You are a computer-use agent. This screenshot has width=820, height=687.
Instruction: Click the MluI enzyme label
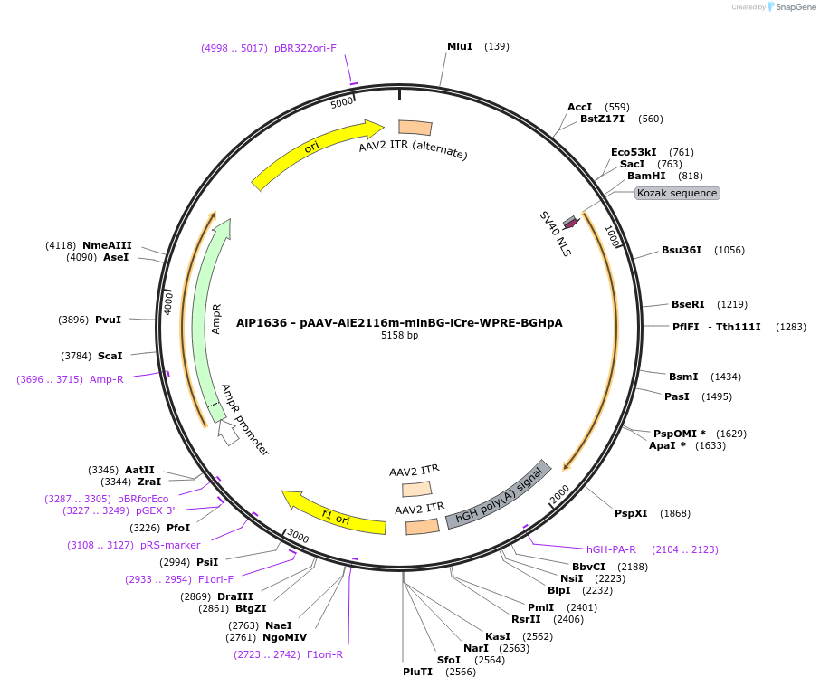460,46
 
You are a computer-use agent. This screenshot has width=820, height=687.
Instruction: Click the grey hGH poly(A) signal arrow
499,495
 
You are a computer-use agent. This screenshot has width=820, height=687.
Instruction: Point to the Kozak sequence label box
677,193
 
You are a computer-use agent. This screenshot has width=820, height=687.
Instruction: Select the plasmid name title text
399,322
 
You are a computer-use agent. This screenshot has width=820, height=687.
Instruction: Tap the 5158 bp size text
399,336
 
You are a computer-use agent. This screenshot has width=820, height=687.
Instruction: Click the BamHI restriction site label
646,176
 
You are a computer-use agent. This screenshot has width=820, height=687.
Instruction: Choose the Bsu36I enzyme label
682,250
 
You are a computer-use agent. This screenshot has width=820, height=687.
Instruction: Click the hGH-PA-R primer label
611,549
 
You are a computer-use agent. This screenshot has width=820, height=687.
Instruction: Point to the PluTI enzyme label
419,672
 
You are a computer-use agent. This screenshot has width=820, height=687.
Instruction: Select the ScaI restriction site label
110,356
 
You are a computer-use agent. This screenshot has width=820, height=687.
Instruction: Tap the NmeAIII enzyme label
107,245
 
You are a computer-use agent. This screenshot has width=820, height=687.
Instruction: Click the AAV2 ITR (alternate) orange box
415,128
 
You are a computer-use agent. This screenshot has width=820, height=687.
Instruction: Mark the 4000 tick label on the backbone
168,303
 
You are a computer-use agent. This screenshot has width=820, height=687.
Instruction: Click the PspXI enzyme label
631,513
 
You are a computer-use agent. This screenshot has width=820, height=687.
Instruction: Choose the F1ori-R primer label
325,654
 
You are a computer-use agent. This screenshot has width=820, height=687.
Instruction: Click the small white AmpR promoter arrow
229,434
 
